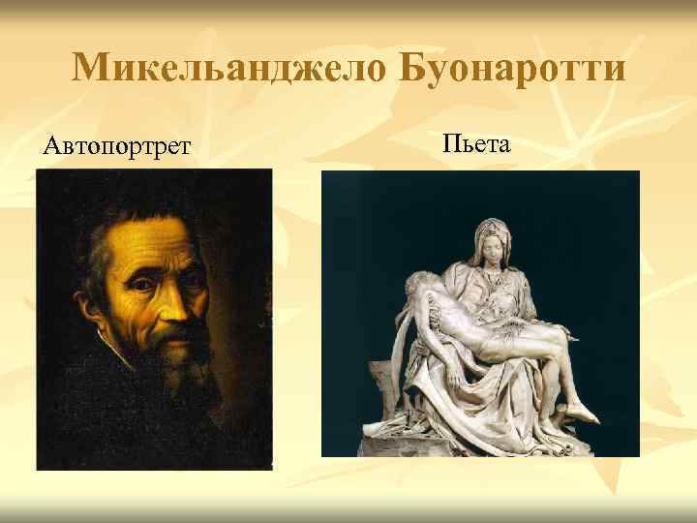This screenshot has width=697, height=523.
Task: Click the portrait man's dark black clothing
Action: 87,426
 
